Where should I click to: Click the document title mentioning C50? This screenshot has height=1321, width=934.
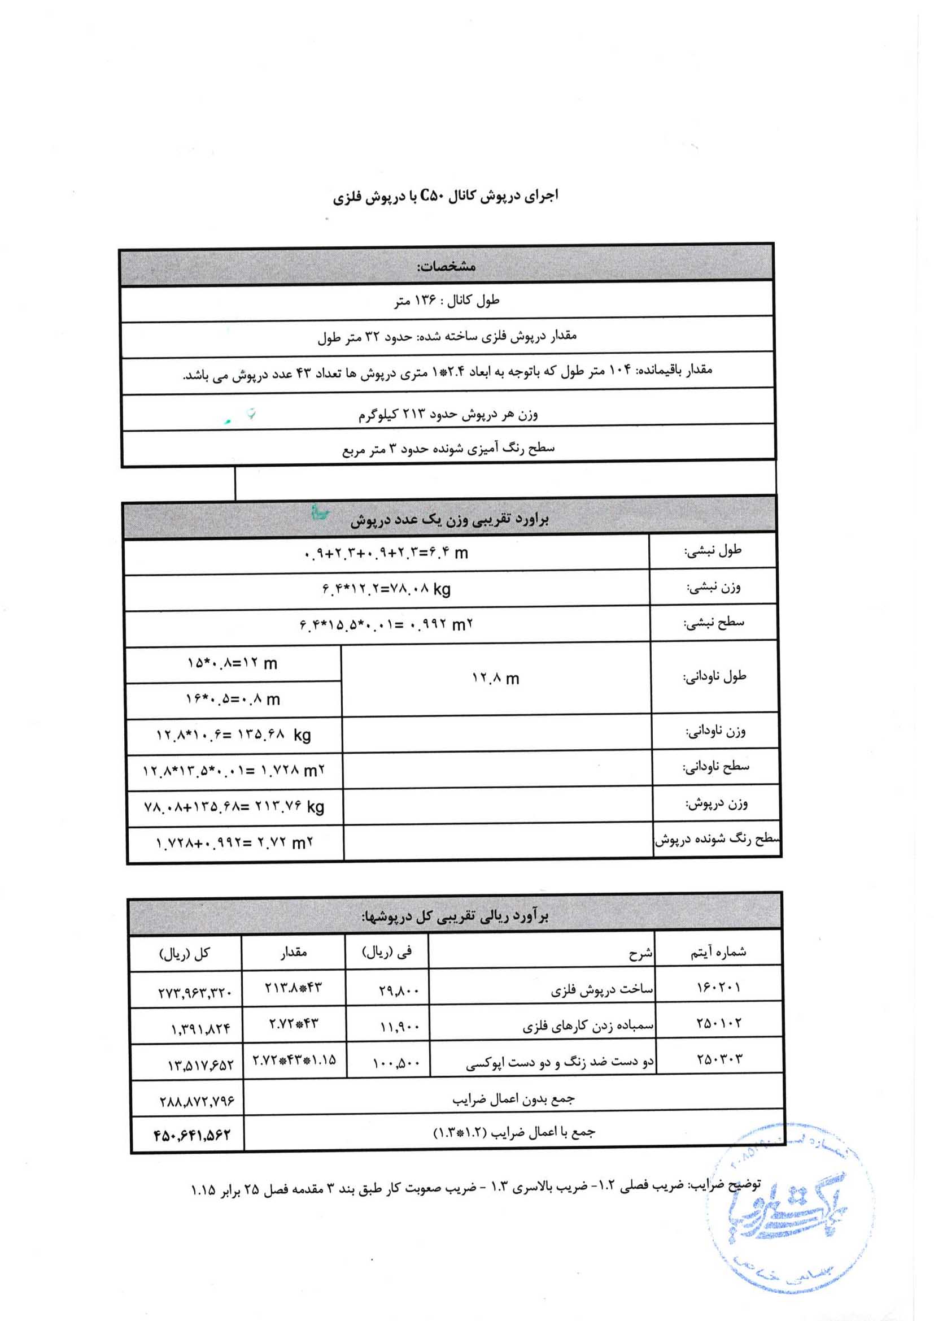446,197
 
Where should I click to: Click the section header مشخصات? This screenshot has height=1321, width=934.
446,266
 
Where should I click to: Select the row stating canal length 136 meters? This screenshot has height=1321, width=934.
446,301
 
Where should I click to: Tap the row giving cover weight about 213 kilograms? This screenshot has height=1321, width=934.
448,414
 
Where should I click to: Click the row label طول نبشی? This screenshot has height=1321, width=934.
713,551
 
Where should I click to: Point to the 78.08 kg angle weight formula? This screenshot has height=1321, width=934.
386,589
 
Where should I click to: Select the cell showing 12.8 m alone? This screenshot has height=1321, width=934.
495,679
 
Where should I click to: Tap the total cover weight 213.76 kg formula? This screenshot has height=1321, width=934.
234,807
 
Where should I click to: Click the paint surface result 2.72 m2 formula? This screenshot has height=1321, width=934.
234,844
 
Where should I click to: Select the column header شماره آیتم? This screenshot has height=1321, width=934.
718,952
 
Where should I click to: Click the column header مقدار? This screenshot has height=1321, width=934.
293,952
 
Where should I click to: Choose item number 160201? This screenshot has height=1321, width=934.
718,988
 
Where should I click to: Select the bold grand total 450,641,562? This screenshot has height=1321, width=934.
192,1135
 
